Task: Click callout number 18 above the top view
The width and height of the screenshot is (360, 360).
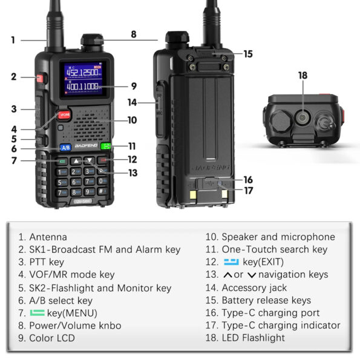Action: pos(303,76)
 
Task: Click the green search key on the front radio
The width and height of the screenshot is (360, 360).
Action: pos(106,146)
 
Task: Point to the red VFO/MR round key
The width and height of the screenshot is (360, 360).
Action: pos(64,115)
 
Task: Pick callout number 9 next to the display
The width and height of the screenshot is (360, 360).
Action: pos(133,86)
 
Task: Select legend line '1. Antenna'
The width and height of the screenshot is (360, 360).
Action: pos(42,237)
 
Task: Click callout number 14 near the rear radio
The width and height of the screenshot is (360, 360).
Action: pos(132,102)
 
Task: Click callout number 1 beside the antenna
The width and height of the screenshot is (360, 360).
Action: pos(13,41)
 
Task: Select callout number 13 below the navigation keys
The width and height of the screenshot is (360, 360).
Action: pos(133,172)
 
